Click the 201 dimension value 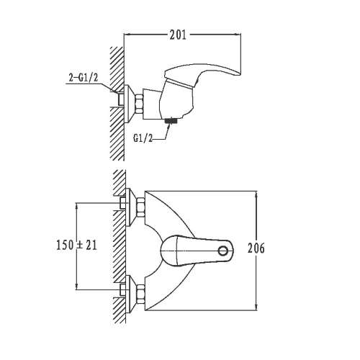click(178, 35)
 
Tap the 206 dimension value click(256, 248)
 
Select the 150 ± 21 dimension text click(76, 245)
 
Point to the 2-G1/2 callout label click(84, 78)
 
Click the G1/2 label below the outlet click(143, 138)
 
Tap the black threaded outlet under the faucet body click(171, 121)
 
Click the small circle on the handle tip click(223, 251)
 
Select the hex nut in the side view click(139, 104)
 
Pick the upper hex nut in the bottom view click(140, 207)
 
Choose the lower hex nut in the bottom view click(140, 294)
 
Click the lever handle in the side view click(203, 71)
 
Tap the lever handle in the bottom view click(197, 251)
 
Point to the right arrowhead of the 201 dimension click(238, 35)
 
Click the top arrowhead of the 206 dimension click(256, 194)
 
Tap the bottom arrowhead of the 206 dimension click(256, 307)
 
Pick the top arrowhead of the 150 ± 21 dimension click(76, 206)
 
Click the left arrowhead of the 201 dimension click(127, 35)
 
